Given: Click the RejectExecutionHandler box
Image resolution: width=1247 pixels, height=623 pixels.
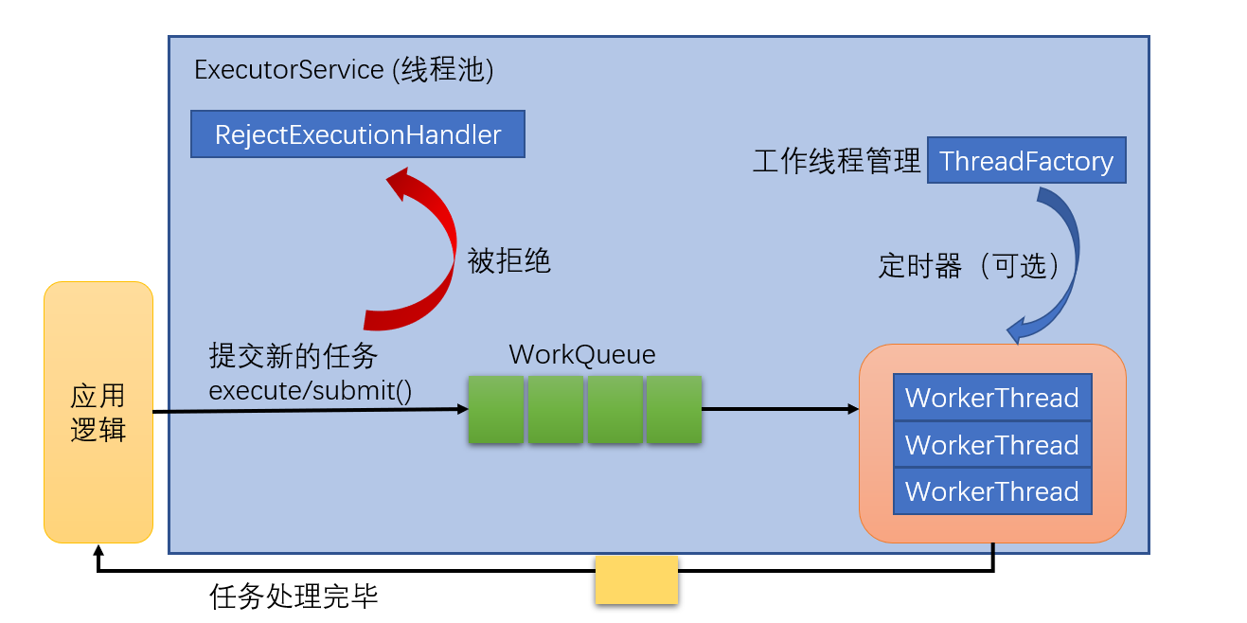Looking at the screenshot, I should (x=358, y=134).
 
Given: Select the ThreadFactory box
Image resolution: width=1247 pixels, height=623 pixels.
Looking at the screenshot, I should (x=1026, y=161).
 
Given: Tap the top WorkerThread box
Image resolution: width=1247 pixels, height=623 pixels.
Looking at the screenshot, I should (x=992, y=398).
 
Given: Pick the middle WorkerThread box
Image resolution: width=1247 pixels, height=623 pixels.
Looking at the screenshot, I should (x=992, y=445).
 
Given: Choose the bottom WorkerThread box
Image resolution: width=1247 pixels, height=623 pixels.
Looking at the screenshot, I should (x=992, y=491).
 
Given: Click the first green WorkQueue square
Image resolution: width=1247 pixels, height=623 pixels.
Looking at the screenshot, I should (x=496, y=409).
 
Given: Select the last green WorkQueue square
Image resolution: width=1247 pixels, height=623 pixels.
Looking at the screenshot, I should (x=674, y=409).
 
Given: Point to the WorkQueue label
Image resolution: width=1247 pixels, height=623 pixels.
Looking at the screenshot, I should (x=582, y=355).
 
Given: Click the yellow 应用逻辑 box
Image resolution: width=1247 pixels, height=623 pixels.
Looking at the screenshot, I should (x=98, y=412).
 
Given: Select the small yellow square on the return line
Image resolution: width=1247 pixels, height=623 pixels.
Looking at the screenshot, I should (x=636, y=580).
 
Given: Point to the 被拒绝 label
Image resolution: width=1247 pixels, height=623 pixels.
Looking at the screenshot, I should (x=509, y=261).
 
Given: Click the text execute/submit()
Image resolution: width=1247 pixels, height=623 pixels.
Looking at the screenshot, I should (x=311, y=390).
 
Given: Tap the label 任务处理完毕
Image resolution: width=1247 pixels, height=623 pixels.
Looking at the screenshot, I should (x=294, y=597).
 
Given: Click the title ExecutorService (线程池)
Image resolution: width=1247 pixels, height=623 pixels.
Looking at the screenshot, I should (x=344, y=70).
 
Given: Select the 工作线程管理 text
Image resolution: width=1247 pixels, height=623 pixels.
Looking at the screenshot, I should (x=836, y=162).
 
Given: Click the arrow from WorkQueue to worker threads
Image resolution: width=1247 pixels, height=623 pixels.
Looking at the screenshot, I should (x=779, y=409).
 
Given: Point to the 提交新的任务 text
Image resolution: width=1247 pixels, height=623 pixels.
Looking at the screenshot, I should (x=294, y=356).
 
